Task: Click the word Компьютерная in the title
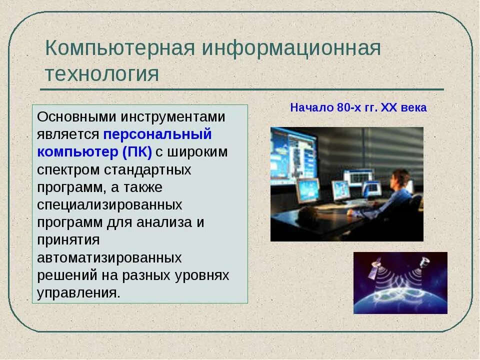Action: [x=120, y=48]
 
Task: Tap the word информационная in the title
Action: [x=291, y=49]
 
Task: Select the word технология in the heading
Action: [x=102, y=74]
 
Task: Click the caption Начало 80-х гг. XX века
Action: [x=358, y=108]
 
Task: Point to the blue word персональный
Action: [x=157, y=134]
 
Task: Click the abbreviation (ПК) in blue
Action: [x=137, y=152]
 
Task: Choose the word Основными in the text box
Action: [x=76, y=117]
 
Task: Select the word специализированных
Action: [x=109, y=205]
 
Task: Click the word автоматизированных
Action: [x=109, y=258]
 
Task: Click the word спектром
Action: [x=68, y=170]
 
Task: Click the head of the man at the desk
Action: [x=398, y=179]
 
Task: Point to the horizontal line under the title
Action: [x=242, y=89]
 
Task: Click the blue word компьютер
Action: [x=78, y=152]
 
